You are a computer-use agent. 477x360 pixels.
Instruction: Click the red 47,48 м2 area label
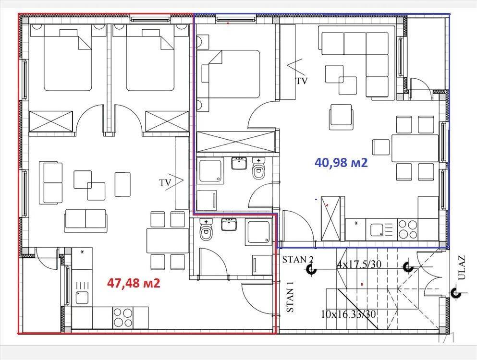point(134,283)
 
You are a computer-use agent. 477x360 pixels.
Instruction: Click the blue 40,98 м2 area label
point(341,163)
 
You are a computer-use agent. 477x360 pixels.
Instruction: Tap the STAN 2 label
point(298,260)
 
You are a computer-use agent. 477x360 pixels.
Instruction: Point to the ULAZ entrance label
point(462,267)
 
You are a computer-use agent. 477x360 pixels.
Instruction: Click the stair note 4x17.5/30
point(359,264)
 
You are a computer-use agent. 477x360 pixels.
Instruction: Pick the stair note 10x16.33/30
point(348,314)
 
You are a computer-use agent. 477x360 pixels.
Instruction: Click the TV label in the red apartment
point(165,182)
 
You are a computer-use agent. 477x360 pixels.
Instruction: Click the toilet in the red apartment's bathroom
point(206,230)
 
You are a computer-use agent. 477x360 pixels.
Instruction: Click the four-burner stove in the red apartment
point(122,317)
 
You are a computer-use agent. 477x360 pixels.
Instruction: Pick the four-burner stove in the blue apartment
point(408,229)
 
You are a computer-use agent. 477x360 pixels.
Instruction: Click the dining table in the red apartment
point(168,240)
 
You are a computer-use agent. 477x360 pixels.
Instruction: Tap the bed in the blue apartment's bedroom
point(228,74)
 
